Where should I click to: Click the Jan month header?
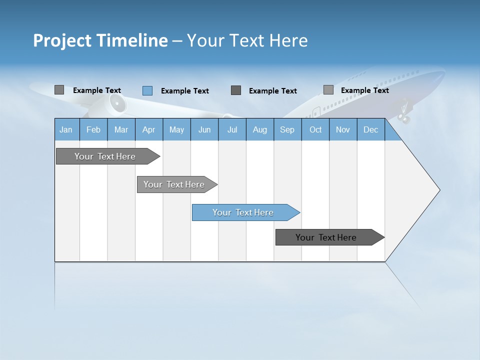click(66, 130)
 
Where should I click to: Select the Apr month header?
click(148, 130)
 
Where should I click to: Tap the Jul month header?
click(232, 130)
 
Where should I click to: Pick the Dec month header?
click(370, 130)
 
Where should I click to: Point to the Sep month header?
click(287, 130)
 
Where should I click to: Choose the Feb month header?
click(93, 130)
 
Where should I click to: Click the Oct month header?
click(315, 130)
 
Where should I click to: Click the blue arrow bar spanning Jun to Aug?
click(243, 212)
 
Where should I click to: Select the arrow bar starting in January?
click(105, 156)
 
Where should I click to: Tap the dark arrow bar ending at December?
click(326, 237)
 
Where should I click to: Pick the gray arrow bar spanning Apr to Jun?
click(174, 184)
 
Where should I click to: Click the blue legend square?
click(147, 90)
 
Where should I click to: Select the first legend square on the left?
click(59, 90)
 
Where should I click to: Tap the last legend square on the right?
click(328, 90)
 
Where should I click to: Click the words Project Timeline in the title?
click(100, 40)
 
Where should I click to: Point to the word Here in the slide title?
click(288, 40)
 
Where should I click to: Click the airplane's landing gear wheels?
click(404, 118)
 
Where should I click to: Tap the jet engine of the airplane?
click(117, 104)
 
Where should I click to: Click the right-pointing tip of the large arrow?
click(439, 190)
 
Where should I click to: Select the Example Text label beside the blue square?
click(185, 91)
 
